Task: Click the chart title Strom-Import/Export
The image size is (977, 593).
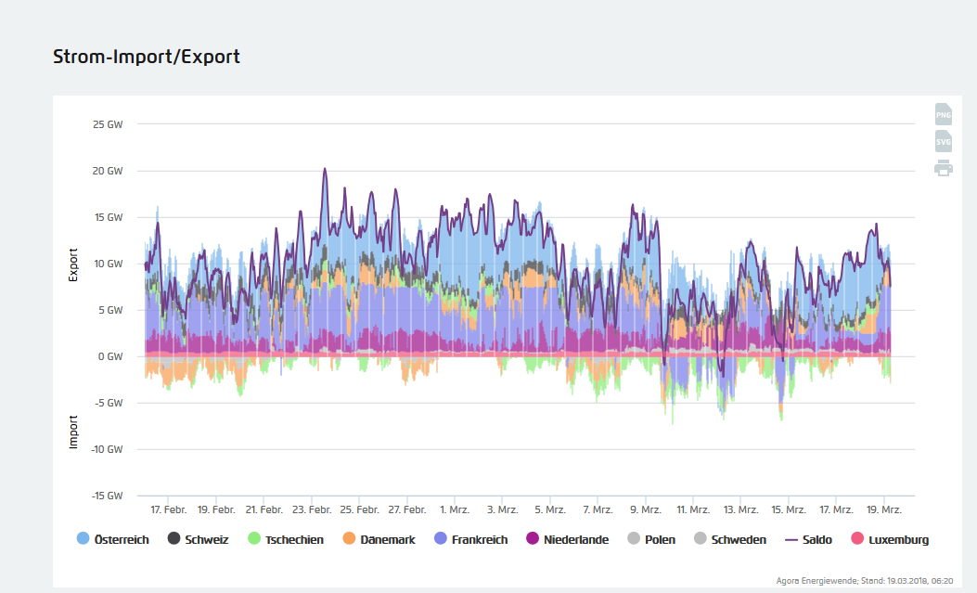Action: [x=147, y=57]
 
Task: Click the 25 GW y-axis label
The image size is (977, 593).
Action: [x=109, y=124]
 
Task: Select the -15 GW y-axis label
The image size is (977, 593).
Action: [x=106, y=496]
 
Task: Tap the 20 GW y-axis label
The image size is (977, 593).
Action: [x=109, y=171]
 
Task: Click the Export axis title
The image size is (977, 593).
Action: [x=74, y=264]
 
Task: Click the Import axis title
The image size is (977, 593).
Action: [x=74, y=432]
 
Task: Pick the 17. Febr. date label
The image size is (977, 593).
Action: [x=168, y=510]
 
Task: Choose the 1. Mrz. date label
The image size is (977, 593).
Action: [x=455, y=510]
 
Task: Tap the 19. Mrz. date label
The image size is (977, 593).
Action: [x=883, y=510]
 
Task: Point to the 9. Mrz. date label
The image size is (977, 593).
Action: [x=645, y=510]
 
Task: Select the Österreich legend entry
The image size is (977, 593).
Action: [x=112, y=539]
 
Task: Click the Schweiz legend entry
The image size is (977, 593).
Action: [x=199, y=539]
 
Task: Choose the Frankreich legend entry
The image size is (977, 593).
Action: [x=471, y=539]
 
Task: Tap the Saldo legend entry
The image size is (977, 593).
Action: [x=808, y=539]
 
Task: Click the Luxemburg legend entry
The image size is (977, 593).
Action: [x=890, y=539]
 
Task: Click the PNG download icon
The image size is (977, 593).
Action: [x=943, y=114]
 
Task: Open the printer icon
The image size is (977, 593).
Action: [x=943, y=168]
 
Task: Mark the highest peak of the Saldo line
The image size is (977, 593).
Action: [x=325, y=169]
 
